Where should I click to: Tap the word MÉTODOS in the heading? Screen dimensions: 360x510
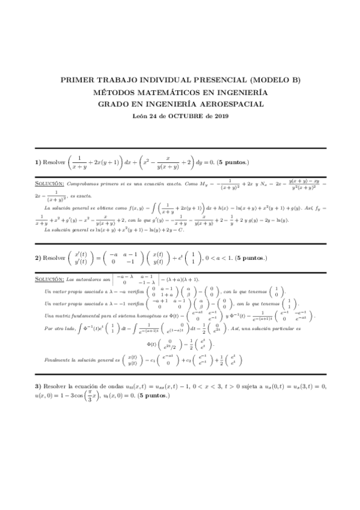tap(117, 93)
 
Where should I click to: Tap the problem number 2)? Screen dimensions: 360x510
tap(37, 257)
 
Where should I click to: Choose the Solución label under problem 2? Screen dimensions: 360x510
tap(49, 280)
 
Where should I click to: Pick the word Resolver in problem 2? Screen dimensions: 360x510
tap(55, 257)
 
